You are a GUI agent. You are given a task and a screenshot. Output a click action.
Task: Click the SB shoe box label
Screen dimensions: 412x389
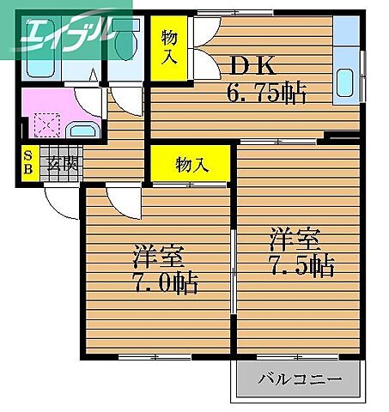click(x=28, y=164)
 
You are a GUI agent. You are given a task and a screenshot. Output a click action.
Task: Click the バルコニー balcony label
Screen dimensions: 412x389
click(x=299, y=379)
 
